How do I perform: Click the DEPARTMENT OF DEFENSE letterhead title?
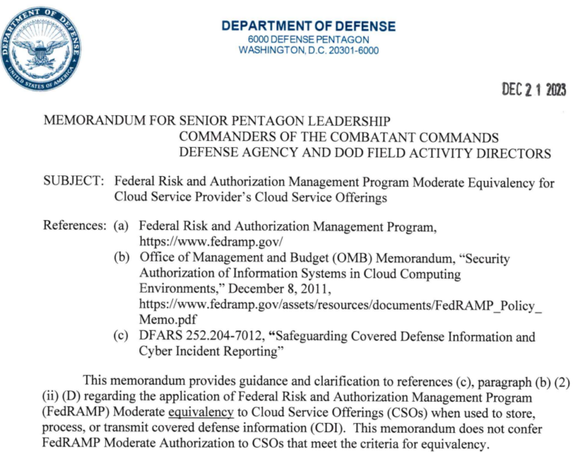[x=308, y=26]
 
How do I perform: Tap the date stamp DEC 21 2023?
[x=534, y=90]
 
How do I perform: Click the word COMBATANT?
[x=377, y=137]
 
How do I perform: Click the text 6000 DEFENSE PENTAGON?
[x=308, y=40]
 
